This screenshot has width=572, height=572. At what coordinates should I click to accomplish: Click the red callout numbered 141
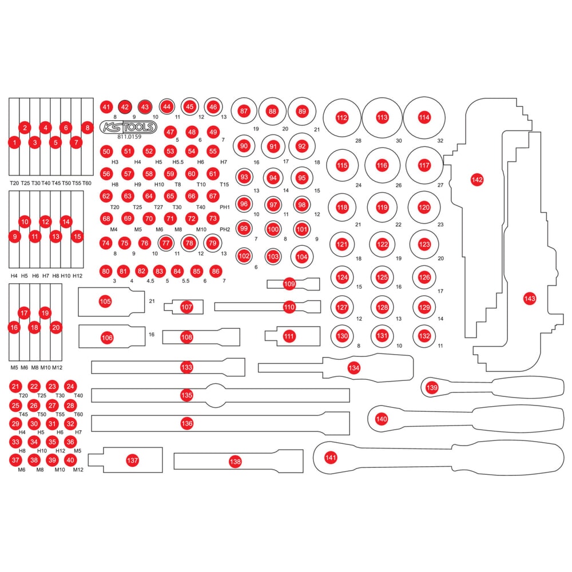coord(331,457)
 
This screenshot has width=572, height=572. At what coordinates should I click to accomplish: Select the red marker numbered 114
coord(424,117)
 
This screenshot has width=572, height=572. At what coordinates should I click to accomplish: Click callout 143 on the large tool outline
coord(530,298)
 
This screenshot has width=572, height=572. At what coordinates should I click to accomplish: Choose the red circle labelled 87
coord(244,111)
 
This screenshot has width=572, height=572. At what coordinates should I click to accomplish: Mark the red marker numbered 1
coord(15,142)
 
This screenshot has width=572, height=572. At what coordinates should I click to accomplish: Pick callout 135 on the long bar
coord(186,395)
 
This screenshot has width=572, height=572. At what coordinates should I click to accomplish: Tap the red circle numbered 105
coord(105,301)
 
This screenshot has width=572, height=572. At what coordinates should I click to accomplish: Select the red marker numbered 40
coord(70,459)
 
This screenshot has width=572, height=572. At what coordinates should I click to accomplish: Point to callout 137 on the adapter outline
coord(133,460)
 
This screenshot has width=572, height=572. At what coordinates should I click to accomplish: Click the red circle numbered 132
coord(424,336)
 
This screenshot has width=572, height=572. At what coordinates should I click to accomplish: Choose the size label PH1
coord(225,207)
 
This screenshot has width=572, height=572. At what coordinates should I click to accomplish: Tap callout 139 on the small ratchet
coord(432,388)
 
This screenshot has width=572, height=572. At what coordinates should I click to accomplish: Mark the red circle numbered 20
coord(55,327)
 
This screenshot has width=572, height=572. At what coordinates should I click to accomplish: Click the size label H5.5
coord(170,162)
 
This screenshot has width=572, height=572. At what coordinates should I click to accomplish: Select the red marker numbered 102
coord(244,256)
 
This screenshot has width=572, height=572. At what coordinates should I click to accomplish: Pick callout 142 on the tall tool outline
coord(477,180)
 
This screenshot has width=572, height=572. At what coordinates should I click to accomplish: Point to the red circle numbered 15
coord(77,235)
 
